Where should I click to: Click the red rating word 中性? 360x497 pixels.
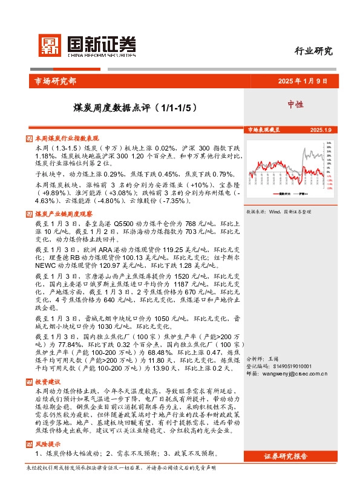click(295, 104)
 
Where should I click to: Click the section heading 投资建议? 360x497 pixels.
click(48, 382)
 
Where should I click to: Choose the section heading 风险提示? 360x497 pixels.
click(48, 444)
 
